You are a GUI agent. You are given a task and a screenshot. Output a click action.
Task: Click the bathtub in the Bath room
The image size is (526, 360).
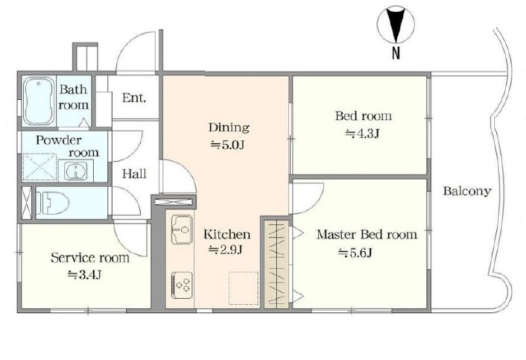click(39, 101)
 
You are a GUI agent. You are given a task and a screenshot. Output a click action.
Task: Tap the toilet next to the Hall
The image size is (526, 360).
click(52, 203)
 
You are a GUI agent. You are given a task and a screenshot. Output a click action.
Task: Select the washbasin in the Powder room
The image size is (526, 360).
click(76, 171)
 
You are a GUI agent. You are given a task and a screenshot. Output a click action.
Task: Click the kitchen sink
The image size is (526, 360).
click(182, 229)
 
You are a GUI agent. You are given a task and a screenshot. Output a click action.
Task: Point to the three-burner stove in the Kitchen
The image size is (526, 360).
click(182, 285)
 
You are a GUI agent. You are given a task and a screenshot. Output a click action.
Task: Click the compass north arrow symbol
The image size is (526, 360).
click(396, 25)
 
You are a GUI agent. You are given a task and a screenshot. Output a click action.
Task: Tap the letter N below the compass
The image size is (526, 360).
click(396, 53)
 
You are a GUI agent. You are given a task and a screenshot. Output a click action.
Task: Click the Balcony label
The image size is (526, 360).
click(467, 192)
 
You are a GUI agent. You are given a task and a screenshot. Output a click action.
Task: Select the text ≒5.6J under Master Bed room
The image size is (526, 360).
click(355, 253)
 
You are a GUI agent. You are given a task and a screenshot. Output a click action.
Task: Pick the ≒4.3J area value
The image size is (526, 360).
click(362, 133)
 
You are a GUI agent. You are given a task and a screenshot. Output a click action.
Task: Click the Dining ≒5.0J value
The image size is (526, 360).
click(226, 145)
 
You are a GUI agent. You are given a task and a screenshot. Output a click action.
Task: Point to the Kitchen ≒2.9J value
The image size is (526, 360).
click(226, 250)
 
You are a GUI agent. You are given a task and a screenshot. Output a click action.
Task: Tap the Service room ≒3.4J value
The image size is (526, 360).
click(84, 275)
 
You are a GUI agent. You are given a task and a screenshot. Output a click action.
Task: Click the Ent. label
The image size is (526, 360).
click(134, 98)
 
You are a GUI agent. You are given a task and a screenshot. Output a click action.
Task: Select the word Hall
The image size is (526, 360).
click(134, 174)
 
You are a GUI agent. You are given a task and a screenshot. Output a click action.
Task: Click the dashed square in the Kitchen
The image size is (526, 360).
click(244, 288)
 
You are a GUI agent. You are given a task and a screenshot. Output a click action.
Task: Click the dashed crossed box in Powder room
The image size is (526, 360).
click(39, 168)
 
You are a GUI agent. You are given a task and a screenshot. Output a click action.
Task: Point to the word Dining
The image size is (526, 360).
click(229, 127)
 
